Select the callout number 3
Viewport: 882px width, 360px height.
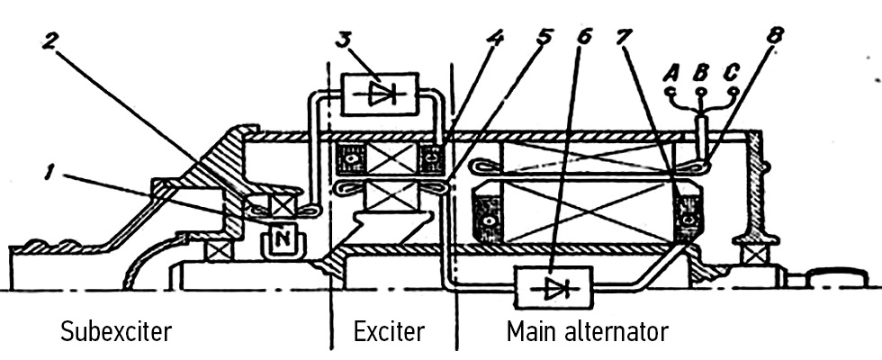click(x=343, y=40)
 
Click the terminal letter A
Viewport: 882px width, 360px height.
click(x=670, y=71)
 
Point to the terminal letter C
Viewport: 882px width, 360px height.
click(x=733, y=71)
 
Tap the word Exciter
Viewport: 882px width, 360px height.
click(x=388, y=331)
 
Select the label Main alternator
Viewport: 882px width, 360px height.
click(x=587, y=331)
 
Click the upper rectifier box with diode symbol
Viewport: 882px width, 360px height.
click(x=381, y=94)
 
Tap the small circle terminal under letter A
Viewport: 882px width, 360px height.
click(x=670, y=91)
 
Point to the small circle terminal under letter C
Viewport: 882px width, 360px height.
click(x=733, y=91)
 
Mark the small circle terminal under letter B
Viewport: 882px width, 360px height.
click(x=701, y=91)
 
